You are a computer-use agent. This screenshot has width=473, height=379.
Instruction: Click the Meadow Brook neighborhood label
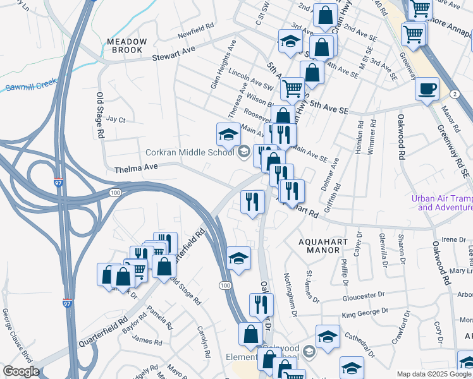tap(127, 46)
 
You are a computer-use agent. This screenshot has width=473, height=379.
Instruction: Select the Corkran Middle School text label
tap(190, 152)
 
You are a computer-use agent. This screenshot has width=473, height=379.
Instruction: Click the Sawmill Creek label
tap(30, 85)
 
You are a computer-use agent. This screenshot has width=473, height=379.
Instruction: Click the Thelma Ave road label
tap(135, 168)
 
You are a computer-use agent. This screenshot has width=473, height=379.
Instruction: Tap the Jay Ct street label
tap(116, 119)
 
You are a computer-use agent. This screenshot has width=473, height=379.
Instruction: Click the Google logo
tap(21, 371)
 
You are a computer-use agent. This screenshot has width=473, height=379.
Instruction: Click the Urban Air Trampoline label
tap(441, 202)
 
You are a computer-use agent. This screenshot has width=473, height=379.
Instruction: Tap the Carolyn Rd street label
tap(203, 342)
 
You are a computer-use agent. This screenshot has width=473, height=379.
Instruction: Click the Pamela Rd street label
tap(159, 318)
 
